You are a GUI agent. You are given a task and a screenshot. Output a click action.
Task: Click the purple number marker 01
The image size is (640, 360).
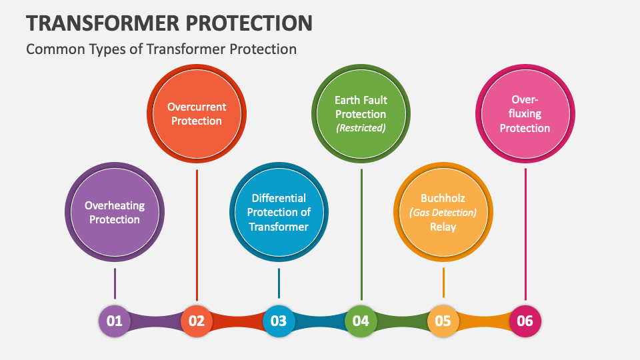pyautogui.click(x=115, y=321)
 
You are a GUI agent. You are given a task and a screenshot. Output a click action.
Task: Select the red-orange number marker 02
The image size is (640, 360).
pyautogui.click(x=197, y=321)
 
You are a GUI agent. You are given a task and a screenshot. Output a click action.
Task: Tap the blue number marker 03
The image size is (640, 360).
pyautogui.click(x=279, y=321)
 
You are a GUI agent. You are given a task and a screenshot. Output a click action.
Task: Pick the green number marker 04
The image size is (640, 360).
pyautogui.click(x=361, y=321)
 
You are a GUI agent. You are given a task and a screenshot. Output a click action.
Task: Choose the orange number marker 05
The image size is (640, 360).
pyautogui.click(x=443, y=321)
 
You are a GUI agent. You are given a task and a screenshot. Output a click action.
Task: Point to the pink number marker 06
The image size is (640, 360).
pyautogui.click(x=525, y=321)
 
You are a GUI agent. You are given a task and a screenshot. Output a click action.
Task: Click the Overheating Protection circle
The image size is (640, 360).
pyautogui.click(x=115, y=212)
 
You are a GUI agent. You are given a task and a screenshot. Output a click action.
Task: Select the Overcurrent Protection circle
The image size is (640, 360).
pyautogui.click(x=197, y=114)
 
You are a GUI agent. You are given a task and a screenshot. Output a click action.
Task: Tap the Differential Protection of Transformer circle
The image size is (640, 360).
pyautogui.click(x=279, y=212)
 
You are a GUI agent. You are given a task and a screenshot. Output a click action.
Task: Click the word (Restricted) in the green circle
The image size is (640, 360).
pyautogui.click(x=361, y=128)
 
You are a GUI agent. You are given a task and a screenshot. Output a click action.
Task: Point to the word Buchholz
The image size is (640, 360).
pyautogui.click(x=443, y=198)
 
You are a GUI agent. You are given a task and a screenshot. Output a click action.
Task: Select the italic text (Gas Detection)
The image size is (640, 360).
pyautogui.click(x=443, y=213)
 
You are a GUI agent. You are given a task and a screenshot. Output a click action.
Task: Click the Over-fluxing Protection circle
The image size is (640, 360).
pyautogui.click(x=525, y=114)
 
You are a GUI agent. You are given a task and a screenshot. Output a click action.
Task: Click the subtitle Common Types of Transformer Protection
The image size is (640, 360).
pyautogui.click(x=161, y=49)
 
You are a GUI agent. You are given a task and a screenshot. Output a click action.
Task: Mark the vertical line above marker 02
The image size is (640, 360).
pyautogui.click(x=197, y=233)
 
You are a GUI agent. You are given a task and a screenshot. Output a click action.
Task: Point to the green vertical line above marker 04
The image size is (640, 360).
pyautogui.click(x=361, y=233)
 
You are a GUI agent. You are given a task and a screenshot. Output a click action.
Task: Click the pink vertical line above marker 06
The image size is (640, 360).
pyautogui.click(x=525, y=233)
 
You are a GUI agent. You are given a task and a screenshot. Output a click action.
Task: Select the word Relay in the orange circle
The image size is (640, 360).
pyautogui.click(x=443, y=227)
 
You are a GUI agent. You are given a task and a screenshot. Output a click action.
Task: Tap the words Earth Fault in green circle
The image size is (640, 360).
pyautogui.click(x=361, y=100)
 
